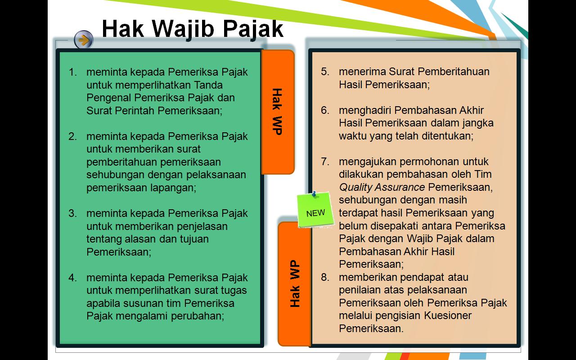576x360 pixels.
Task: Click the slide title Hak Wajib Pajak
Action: (x=193, y=29)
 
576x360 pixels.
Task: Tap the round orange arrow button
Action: (x=83, y=40)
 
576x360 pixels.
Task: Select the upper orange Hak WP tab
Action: (x=277, y=112)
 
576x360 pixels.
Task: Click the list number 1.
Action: (x=73, y=72)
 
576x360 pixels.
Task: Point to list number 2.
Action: (x=73, y=136)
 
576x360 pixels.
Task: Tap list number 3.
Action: (x=73, y=213)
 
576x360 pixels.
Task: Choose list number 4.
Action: (x=73, y=278)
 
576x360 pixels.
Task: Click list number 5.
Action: (x=325, y=72)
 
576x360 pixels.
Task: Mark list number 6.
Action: (x=325, y=110)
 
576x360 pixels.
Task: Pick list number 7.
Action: (x=325, y=162)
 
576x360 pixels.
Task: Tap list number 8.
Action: (x=325, y=277)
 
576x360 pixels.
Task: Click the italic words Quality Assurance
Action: (x=382, y=187)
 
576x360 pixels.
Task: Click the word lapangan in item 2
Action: (x=173, y=188)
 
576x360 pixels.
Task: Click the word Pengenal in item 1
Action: (x=109, y=98)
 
